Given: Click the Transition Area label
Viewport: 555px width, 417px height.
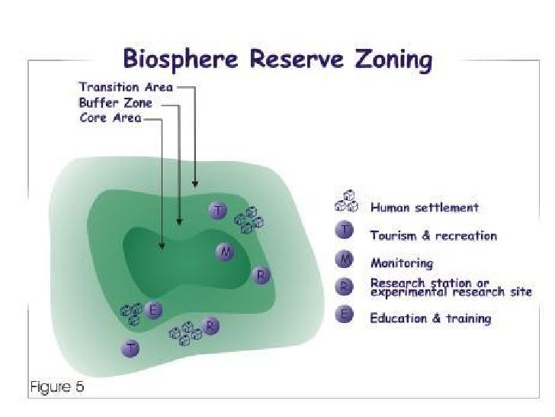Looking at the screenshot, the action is (127, 87).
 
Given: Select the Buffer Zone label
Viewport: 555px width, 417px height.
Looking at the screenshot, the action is (116, 103).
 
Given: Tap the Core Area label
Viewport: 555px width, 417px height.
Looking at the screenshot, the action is (111, 118).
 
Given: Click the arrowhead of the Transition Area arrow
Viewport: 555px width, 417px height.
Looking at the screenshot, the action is (196, 184).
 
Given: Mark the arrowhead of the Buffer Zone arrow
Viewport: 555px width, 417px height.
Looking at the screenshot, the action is (178, 222).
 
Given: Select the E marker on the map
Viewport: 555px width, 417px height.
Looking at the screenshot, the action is (153, 310).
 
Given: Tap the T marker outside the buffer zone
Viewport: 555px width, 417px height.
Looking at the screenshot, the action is (132, 348).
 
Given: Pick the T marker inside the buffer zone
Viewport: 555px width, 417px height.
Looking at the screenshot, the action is (218, 210).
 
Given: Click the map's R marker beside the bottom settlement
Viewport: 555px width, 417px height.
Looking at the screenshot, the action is (211, 326).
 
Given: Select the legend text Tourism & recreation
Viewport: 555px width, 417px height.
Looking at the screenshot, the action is (433, 235).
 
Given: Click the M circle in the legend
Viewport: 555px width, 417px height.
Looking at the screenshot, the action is (345, 262).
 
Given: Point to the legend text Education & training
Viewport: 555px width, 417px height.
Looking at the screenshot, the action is (430, 318).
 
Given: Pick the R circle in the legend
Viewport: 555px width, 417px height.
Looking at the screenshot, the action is (345, 286).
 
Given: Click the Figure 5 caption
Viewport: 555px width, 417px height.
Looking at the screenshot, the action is (57, 386).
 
